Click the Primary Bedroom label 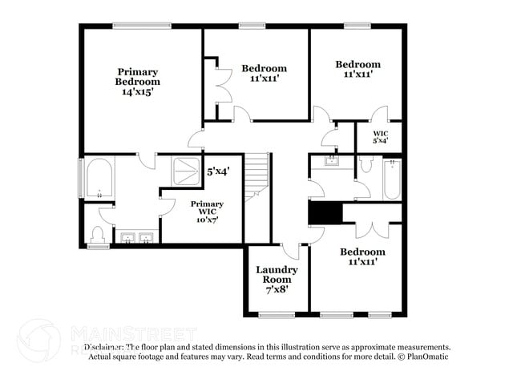point(138,76)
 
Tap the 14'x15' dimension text point(138,92)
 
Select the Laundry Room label point(277,275)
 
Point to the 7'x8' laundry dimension point(277,289)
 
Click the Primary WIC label point(207,208)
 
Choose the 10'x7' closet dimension point(207,219)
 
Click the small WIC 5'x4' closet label point(381,136)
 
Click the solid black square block point(325,213)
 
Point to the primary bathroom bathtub point(99,178)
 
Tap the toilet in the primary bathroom point(99,234)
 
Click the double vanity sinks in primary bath point(137,237)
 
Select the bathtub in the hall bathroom point(392,180)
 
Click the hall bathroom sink point(330,160)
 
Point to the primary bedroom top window point(141,25)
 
